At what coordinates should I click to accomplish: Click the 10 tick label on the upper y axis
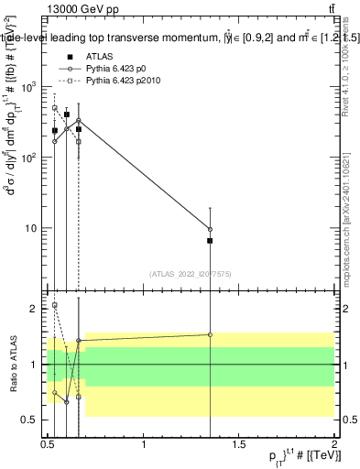click(x=33, y=228)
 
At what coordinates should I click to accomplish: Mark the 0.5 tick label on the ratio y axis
click(x=32, y=420)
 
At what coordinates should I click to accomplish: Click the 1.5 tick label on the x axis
click(x=239, y=444)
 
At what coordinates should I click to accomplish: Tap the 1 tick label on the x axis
click(x=144, y=444)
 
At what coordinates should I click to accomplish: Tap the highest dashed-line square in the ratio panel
click(x=55, y=305)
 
